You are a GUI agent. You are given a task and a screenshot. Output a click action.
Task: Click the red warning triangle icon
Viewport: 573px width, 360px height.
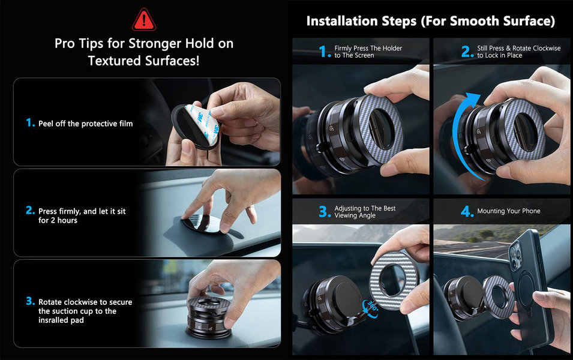pos(143,20)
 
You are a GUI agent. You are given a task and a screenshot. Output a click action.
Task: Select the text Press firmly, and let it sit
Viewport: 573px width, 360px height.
pos(82,211)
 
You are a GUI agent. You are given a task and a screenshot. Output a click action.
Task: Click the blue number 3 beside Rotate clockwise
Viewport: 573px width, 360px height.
pos(31,301)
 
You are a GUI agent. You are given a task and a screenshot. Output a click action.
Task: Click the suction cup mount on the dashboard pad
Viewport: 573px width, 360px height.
pos(209,317)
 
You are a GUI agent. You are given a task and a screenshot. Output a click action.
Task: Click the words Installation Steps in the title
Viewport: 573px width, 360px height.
pos(361,21)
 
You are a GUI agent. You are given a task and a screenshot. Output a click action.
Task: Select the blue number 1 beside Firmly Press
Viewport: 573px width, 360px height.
pos(325,52)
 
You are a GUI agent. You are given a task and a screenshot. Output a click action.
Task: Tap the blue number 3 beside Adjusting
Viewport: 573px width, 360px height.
pos(325,212)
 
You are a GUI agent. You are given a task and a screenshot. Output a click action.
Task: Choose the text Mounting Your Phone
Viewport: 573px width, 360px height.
pos(509,211)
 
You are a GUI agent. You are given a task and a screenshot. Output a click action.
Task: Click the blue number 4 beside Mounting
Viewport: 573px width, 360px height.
pos(467,211)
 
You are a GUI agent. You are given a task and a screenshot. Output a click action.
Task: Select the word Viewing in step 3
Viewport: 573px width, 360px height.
pos(347,215)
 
